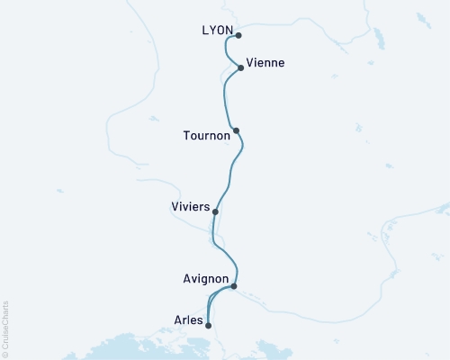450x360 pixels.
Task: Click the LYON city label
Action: pyautogui.click(x=219, y=31)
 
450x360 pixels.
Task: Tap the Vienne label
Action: pyautogui.click(x=266, y=63)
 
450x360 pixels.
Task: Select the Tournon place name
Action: pyautogui.click(x=206, y=136)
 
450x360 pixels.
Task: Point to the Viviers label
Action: pyautogui.click(x=190, y=207)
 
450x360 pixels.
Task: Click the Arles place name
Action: pyautogui.click(x=188, y=318)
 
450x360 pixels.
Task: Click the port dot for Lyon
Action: pyautogui.click(x=238, y=36)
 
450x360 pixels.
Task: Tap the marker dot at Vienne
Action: pyautogui.click(x=241, y=67)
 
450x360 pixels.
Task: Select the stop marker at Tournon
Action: pyautogui.click(x=236, y=131)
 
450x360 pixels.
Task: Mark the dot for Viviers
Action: pyautogui.click(x=215, y=211)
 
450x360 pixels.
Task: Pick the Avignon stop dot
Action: pyautogui.click(x=234, y=286)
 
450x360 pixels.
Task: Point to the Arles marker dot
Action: pyautogui.click(x=209, y=326)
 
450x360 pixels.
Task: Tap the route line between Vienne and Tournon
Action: pyautogui.click(x=223, y=99)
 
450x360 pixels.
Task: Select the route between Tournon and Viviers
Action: pyautogui.click(x=233, y=171)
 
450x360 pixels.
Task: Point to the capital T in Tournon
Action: pyautogui.click(x=185, y=136)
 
